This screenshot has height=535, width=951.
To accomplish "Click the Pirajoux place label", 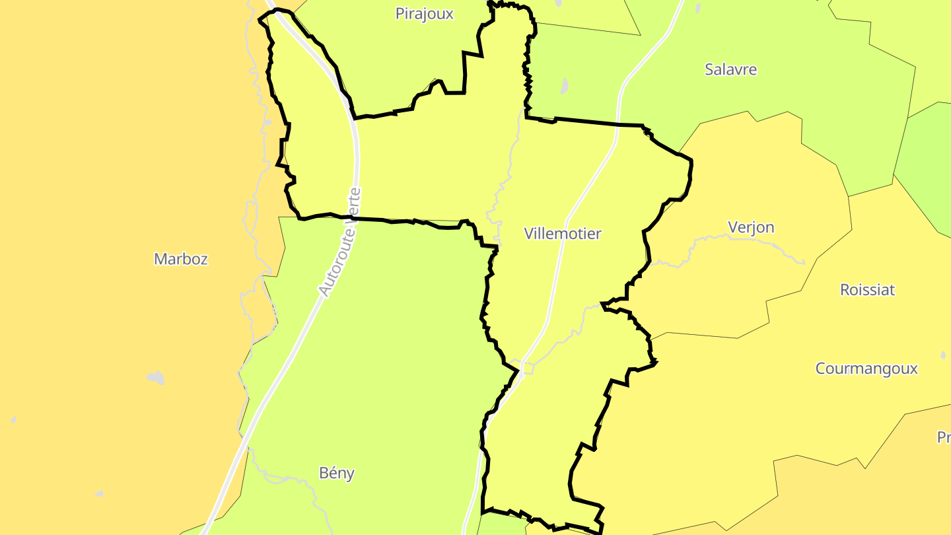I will tap(424, 14).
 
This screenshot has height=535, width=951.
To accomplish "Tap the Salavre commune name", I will tap(730, 69).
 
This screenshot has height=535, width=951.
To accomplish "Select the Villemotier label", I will tap(563, 233).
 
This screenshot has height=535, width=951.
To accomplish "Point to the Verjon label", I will tap(751, 227).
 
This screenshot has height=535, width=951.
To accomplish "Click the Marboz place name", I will tap(180, 259).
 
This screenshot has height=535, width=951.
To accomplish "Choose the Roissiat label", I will tap(867, 289).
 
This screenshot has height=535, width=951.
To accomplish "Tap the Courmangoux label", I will tap(866, 369).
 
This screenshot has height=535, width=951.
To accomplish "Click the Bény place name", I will tap(336, 473).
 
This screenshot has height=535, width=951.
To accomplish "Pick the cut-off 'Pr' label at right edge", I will tap(944, 437).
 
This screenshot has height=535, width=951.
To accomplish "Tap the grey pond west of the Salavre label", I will tap(564, 86).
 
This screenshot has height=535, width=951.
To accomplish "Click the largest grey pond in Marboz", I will tap(156, 378).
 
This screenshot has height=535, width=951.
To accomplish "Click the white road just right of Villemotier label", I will tap(559, 264).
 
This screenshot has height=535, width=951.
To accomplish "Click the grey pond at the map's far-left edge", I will tap(14, 420).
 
